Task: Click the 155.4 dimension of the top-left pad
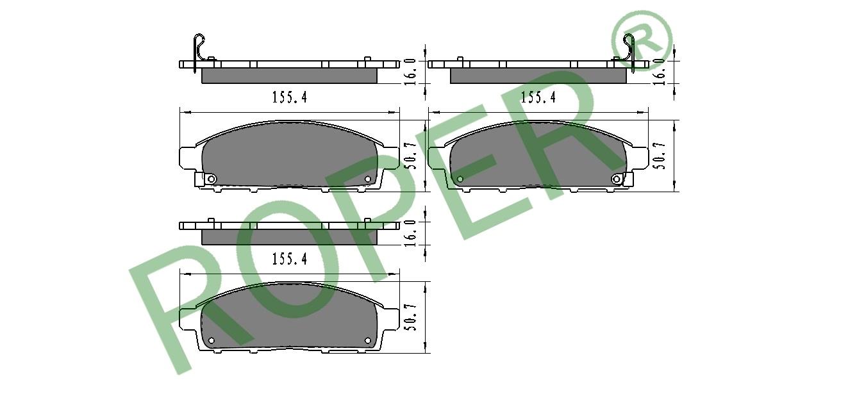tap(290, 97)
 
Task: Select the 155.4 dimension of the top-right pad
tap(538, 97)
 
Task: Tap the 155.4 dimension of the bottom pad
tap(290, 259)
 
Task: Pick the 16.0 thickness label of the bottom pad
tap(410, 233)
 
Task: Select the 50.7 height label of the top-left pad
tap(410, 156)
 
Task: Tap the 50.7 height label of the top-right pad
tap(659, 156)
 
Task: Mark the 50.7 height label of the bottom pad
tap(410, 318)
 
